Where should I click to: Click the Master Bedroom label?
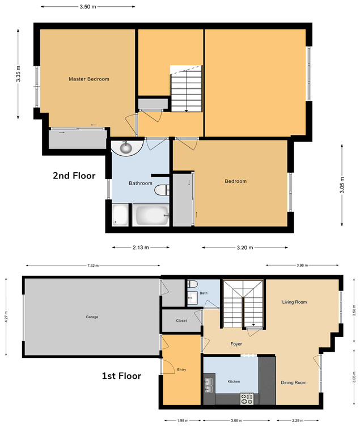88,79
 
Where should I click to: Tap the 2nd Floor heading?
74,176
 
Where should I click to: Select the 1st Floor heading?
121,375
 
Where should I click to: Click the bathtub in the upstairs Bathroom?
151,215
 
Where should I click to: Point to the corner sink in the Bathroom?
125,148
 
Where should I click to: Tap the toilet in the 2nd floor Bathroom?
162,189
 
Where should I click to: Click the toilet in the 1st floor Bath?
192,284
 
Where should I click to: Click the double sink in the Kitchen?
210,385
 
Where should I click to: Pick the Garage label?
92,317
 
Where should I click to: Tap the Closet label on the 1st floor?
181,321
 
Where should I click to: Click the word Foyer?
236,344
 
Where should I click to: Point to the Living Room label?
294,302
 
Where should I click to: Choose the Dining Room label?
293,382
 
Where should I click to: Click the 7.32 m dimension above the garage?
93,266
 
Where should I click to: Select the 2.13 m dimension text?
141,248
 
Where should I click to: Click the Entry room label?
181,370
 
